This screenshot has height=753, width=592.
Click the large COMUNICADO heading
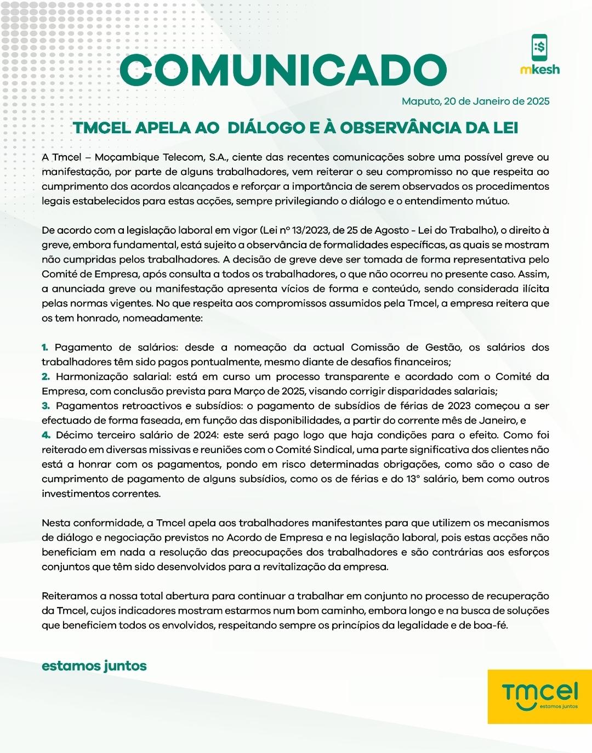283,70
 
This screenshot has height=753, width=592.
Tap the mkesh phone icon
539,48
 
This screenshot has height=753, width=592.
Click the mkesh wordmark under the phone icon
540,70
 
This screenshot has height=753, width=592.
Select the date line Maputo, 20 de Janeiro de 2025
475,101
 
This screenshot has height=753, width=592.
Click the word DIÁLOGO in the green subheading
266,128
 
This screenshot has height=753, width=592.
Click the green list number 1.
45,347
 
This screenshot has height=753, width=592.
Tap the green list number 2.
45,377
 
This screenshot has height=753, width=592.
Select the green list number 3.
45,406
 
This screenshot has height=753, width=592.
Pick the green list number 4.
46,435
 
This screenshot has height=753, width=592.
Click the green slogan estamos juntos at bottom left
94,666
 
